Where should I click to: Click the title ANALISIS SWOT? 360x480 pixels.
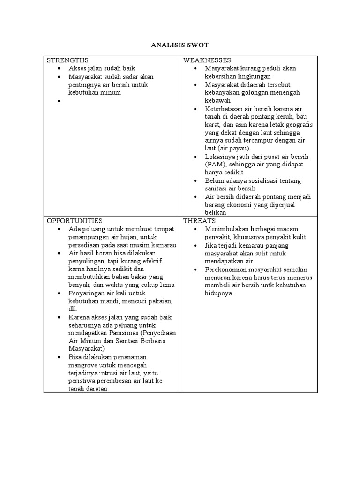(180, 45)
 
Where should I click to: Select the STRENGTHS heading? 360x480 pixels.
(67, 60)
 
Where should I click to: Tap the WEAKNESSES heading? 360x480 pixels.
(207, 60)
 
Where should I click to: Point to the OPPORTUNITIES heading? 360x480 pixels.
(75, 220)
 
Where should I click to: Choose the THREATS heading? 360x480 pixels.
(199, 220)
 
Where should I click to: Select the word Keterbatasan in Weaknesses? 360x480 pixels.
(226, 108)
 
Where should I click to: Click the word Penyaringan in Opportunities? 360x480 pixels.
(87, 293)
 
